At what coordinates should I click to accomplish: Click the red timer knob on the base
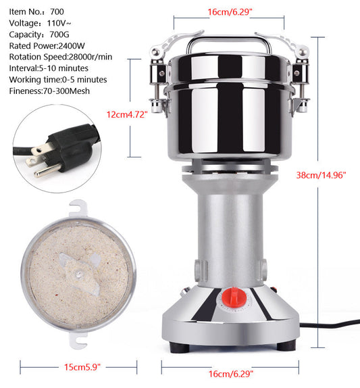coord(234,297)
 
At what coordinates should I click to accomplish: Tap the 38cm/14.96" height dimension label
coord(321,175)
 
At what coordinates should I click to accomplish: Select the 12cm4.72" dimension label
coord(127,114)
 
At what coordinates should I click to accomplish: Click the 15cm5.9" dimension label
coord(82,367)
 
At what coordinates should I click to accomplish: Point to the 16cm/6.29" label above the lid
coord(230,12)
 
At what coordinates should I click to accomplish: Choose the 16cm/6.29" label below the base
coord(231,374)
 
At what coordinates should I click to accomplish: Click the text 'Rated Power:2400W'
coord(47,46)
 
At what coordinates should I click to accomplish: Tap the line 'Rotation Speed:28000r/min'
coord(61,57)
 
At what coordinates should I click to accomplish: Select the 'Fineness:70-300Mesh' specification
coord(49,91)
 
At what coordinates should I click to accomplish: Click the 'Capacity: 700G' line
coord(39,34)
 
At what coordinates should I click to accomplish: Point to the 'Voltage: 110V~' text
coord(40,23)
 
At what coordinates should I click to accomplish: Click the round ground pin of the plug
coord(47,170)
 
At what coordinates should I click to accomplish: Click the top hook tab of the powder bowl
coord(78,208)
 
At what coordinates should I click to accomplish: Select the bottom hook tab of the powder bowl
coord(78,339)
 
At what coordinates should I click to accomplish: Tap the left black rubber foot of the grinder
coord(180,347)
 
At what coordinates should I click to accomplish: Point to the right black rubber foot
coord(286,345)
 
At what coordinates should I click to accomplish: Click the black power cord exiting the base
coord(330,324)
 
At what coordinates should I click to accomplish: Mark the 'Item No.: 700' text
coord(36,11)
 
